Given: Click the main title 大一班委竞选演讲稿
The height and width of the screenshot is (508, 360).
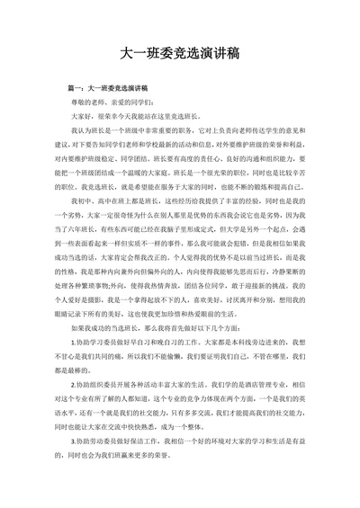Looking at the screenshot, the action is (x=179, y=55).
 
